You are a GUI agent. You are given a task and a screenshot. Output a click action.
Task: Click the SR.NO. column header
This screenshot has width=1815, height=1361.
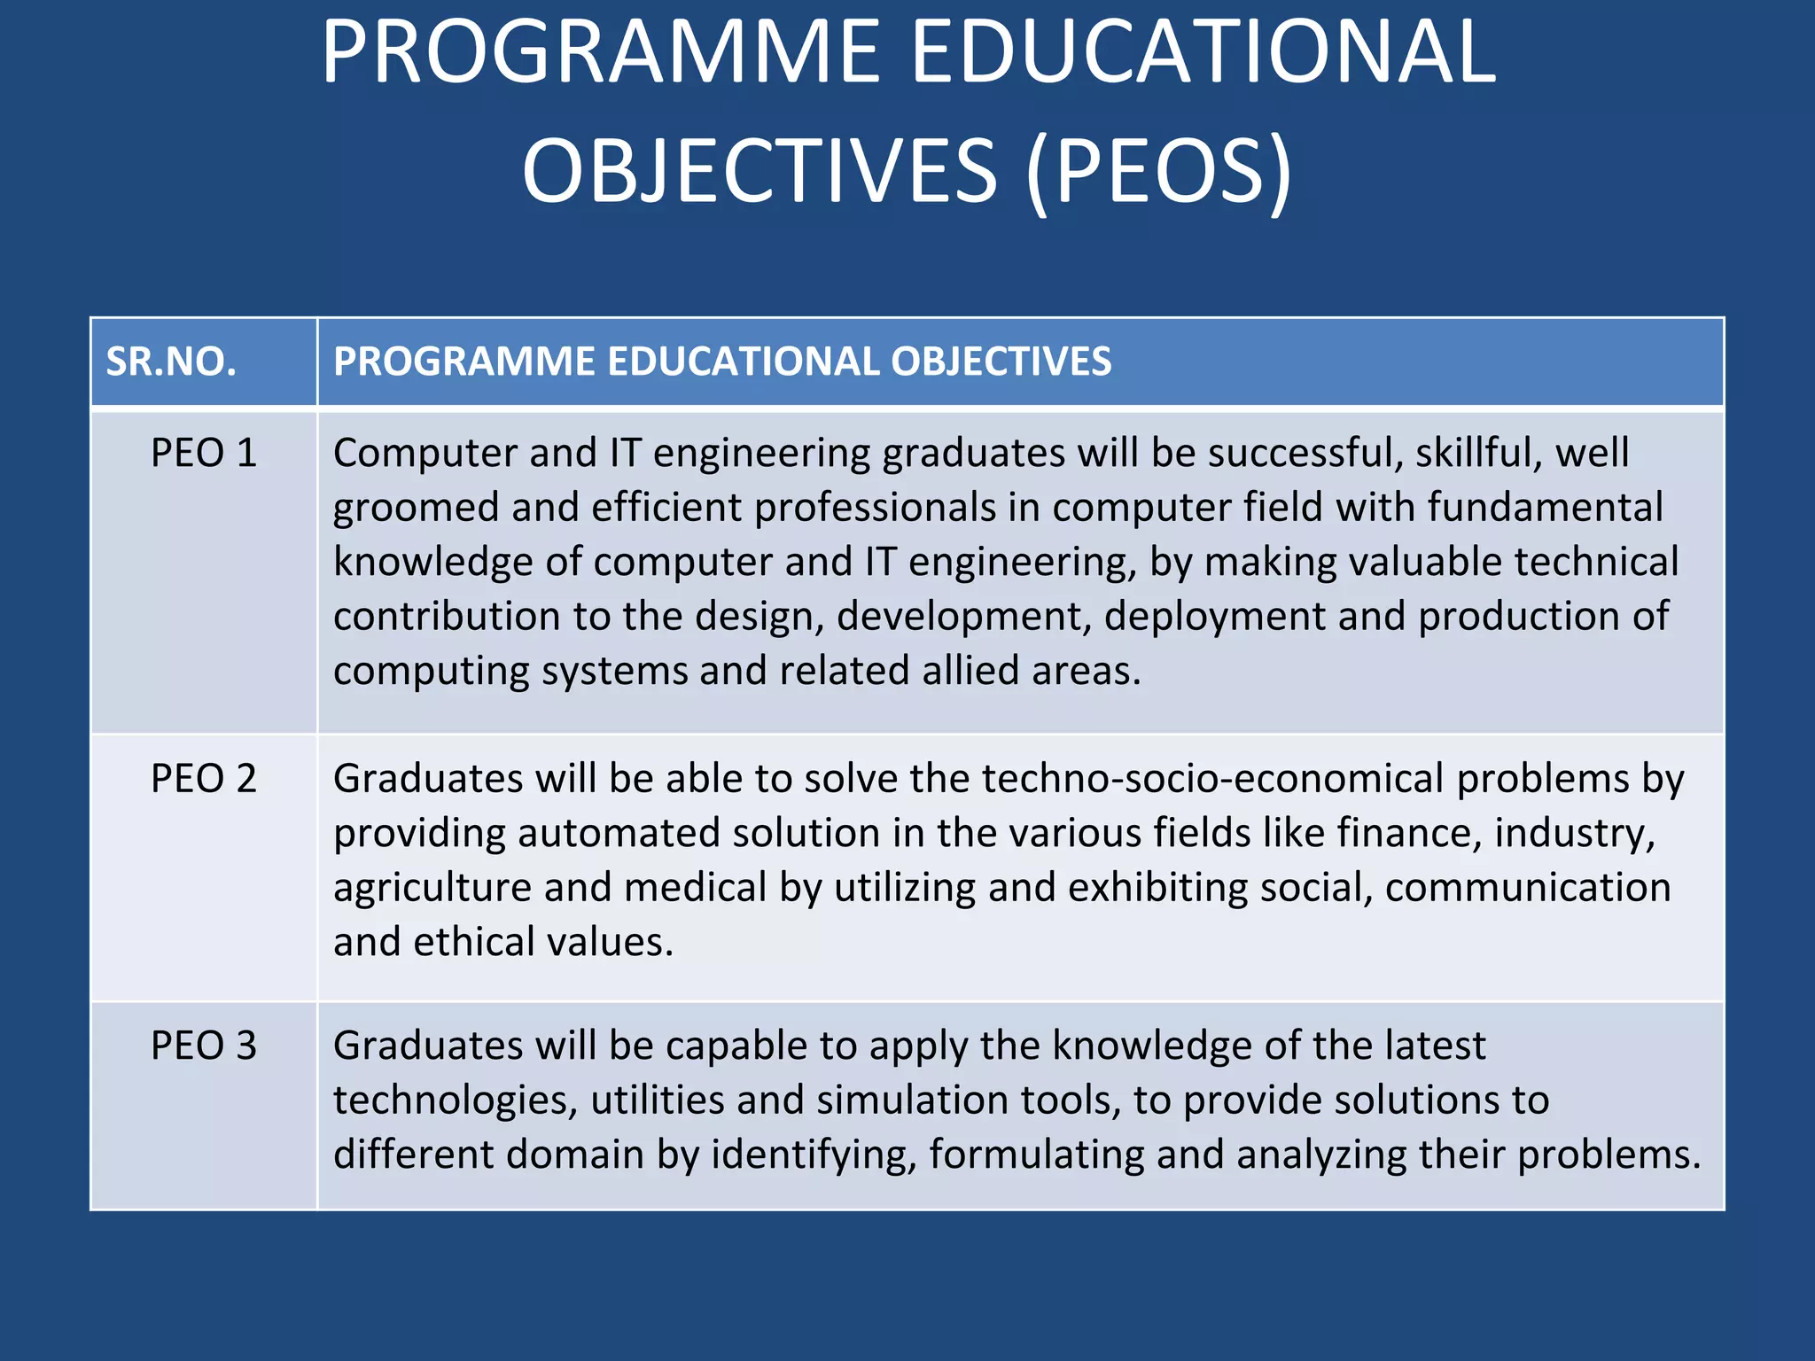tap(171, 362)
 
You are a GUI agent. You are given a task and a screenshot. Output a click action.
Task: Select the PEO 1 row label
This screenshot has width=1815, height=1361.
tap(204, 454)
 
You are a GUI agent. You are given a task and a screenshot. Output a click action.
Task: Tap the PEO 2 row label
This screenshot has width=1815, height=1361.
tap(204, 779)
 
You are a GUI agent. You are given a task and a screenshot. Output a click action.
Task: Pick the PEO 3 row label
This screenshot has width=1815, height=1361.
tap(204, 1046)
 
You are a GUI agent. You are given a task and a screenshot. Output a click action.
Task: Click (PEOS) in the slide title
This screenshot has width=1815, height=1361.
tap(1159, 170)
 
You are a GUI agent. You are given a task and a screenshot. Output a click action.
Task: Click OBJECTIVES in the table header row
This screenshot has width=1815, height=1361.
tap(1001, 362)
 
